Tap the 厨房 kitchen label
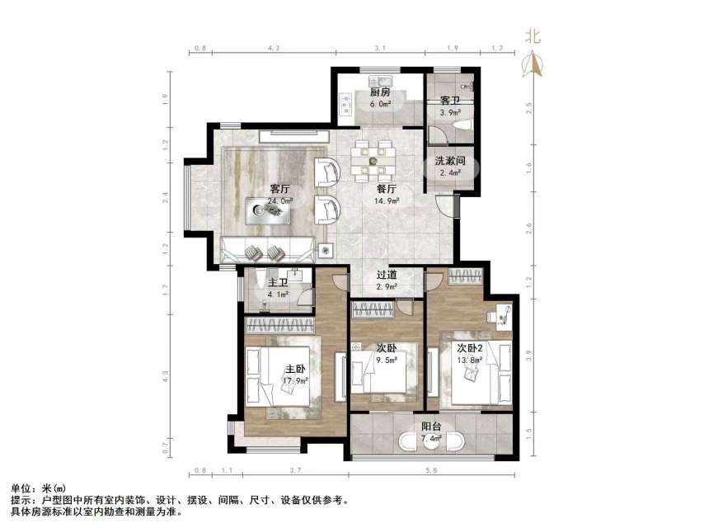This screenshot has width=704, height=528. tap(379, 93)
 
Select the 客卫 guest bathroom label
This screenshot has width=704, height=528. tap(449, 100)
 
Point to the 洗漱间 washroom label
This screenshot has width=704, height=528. tap(450, 163)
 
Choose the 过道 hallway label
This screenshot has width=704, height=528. tap(387, 276)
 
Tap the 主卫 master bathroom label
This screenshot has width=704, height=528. tap(279, 282)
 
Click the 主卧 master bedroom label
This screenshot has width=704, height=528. tap(297, 370)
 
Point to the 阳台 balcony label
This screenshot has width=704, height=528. tap(431, 427)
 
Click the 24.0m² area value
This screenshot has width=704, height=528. tap(279, 200)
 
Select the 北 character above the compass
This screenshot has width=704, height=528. tap(533, 35)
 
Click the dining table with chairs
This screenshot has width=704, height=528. tap(373, 161)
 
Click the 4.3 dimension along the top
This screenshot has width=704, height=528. tap(274, 49)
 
